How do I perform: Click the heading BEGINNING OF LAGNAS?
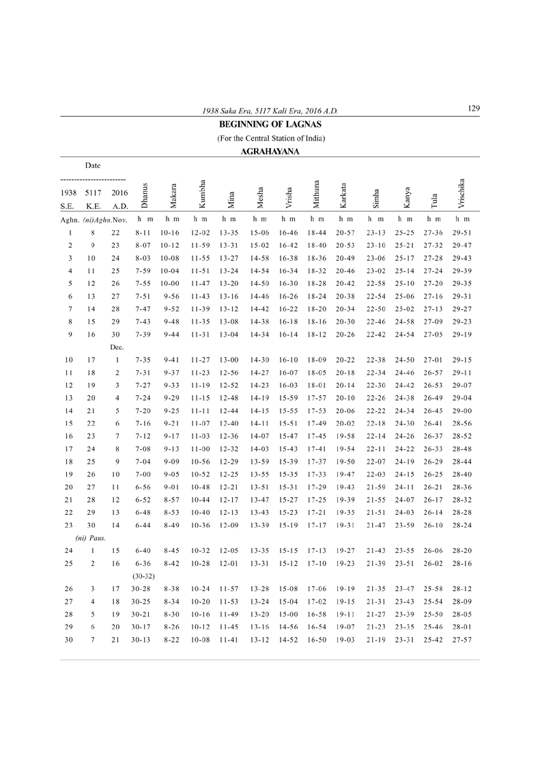point(270,124)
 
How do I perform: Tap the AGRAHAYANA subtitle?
point(270,152)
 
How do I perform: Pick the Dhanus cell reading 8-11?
point(143,233)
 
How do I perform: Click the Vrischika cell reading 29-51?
point(462,233)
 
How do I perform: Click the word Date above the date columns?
point(93,165)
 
